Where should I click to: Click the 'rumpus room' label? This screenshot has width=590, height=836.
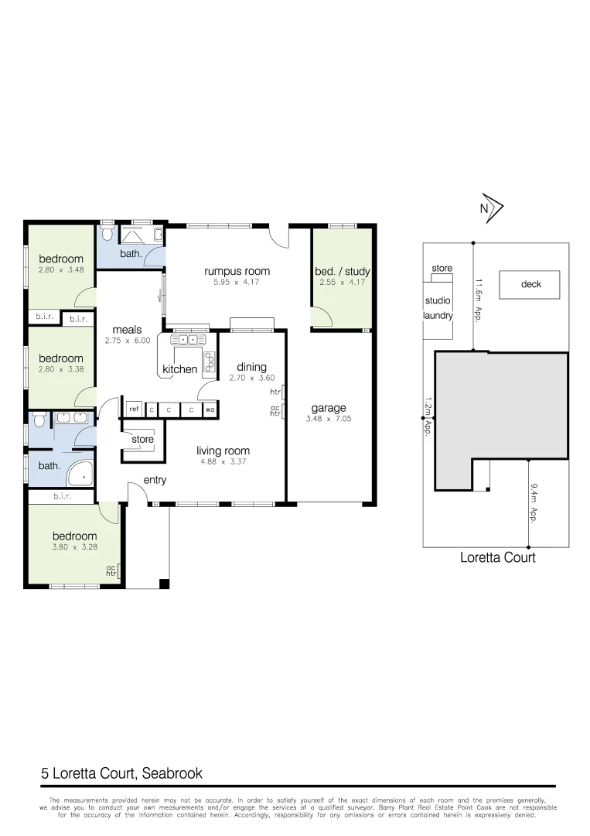(x=237, y=271)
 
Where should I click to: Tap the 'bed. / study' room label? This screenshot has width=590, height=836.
(x=342, y=272)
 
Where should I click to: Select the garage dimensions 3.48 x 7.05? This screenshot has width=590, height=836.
(x=329, y=420)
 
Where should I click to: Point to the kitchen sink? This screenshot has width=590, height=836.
(x=189, y=339)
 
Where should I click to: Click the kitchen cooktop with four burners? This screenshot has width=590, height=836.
(x=210, y=360)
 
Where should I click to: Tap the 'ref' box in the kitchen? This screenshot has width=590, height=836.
(x=134, y=409)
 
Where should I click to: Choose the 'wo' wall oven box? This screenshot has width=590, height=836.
(x=210, y=409)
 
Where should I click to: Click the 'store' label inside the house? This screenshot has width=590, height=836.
(x=142, y=440)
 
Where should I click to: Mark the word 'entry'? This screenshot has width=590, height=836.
(x=155, y=480)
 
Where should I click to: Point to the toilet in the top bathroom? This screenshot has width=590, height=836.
(x=107, y=233)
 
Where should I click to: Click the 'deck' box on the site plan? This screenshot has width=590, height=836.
(x=531, y=284)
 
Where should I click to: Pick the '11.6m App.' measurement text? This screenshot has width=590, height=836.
(x=479, y=301)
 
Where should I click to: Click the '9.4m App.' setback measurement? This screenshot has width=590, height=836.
(x=534, y=503)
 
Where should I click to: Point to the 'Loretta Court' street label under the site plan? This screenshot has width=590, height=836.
(x=497, y=557)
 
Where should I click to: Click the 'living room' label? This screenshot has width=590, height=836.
(x=223, y=451)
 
